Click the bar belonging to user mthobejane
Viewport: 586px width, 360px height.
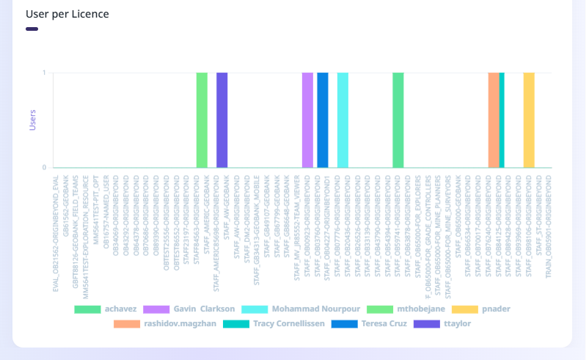pyautogui.click(x=202, y=120)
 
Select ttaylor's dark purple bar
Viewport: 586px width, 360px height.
pyautogui.click(x=222, y=120)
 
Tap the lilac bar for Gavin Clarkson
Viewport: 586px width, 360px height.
pyautogui.click(x=307, y=120)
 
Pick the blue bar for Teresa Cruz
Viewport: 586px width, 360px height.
pyautogui.click(x=323, y=120)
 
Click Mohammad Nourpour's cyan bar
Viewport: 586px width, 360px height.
pyautogui.click(x=343, y=120)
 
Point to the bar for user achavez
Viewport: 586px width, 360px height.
pyautogui.click(x=398, y=120)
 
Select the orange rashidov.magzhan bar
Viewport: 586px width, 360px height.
pyautogui.click(x=493, y=120)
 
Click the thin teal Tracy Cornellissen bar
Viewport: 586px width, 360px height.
pyautogui.click(x=502, y=120)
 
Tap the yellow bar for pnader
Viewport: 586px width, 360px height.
pyautogui.click(x=529, y=120)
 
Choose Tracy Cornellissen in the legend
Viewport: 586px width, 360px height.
pyautogui.click(x=289, y=323)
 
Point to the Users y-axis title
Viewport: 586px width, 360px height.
pyautogui.click(x=32, y=120)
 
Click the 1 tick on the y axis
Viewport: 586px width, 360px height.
pyautogui.click(x=44, y=73)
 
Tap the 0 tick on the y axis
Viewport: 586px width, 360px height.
pyautogui.click(x=44, y=168)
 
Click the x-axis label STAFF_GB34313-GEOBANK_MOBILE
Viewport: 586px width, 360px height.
pyautogui.click(x=257, y=212)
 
